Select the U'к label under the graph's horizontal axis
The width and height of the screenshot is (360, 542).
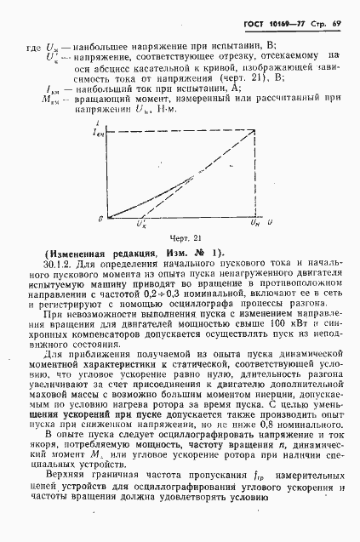(x=140, y=225)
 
